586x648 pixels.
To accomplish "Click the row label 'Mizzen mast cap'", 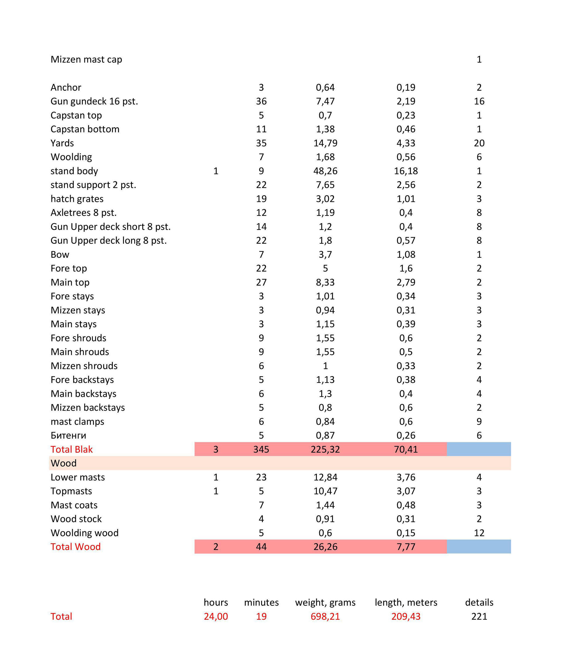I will [x=86, y=59].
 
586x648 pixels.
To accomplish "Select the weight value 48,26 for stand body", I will [x=325, y=171].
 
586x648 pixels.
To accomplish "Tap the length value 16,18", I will [x=406, y=171].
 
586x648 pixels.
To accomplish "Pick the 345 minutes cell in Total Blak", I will [x=261, y=449].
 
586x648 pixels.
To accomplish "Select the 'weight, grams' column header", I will [x=325, y=602].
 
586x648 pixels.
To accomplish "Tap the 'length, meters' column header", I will [x=406, y=602].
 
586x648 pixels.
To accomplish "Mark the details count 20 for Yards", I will [x=479, y=143].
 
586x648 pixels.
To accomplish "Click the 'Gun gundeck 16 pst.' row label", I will [x=94, y=101].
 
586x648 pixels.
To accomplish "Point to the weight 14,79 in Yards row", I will [x=325, y=143].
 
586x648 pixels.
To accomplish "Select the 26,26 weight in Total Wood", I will [x=325, y=547].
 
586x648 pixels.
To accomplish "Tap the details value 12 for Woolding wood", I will [x=479, y=533].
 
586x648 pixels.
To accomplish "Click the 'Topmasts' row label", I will [x=71, y=491].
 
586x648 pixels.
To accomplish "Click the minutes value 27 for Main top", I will [x=261, y=282].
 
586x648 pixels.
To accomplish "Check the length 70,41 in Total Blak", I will [x=406, y=449].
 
